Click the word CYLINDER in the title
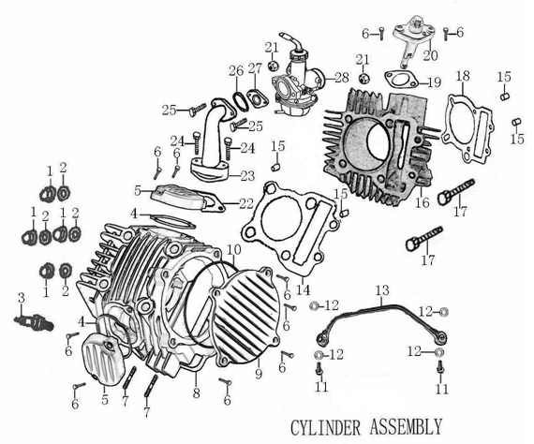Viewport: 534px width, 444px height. point(327,427)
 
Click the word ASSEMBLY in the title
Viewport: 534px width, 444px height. point(404,427)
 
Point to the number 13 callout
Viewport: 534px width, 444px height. point(381,291)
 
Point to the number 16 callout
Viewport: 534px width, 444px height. point(422,201)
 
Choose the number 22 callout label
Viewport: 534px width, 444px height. point(245,203)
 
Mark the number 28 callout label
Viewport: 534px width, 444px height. point(340,76)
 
